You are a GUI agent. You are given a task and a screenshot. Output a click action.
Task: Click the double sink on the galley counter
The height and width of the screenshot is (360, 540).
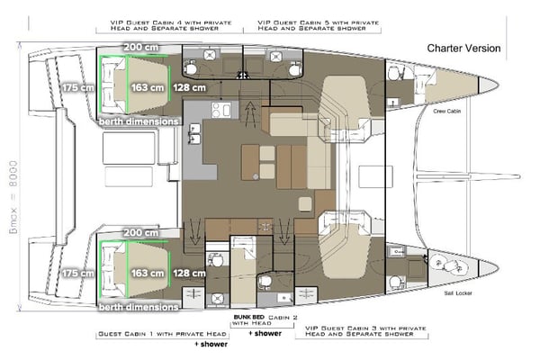tap(194, 133)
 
